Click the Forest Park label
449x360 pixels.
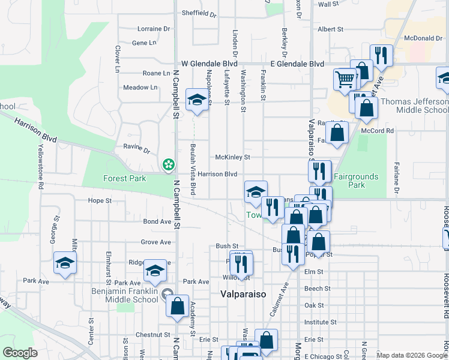point(124,178)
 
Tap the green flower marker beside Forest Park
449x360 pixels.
point(169,164)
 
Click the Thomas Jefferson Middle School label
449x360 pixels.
point(414,106)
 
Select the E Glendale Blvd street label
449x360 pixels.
point(297,64)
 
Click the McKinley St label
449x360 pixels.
point(233,157)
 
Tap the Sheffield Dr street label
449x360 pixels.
point(199,12)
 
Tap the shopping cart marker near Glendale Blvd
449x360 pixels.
point(345,79)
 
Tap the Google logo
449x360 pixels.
point(20,353)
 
